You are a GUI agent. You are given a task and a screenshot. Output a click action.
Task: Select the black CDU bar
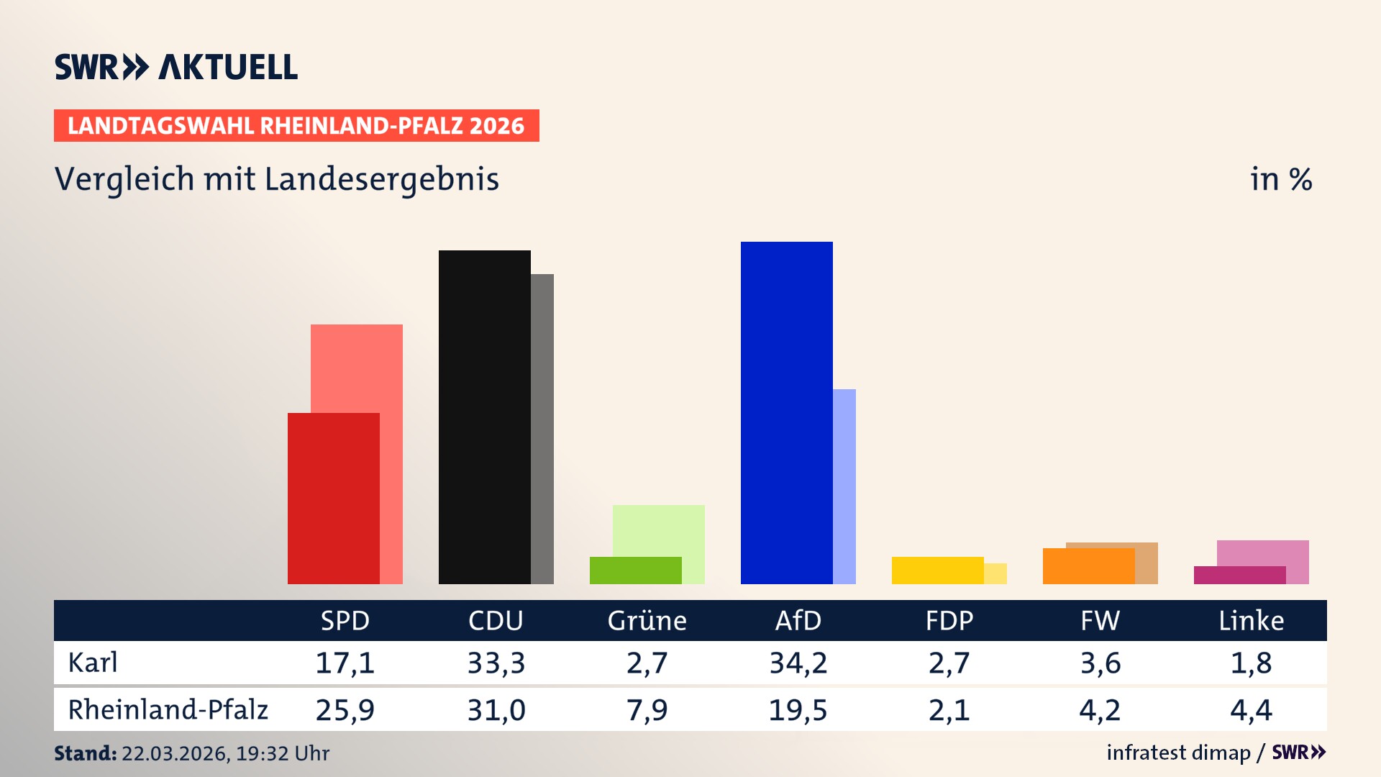pyautogui.click(x=484, y=417)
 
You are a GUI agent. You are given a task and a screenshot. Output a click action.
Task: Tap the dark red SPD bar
pyautogui.click(x=333, y=498)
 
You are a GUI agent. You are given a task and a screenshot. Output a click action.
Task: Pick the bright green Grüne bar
pyautogui.click(x=635, y=570)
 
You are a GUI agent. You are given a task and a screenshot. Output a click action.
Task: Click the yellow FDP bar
pyautogui.click(x=937, y=570)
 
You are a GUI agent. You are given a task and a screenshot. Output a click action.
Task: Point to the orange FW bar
pyautogui.click(x=1088, y=565)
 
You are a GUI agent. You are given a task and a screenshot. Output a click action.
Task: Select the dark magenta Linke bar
pyautogui.click(x=1239, y=575)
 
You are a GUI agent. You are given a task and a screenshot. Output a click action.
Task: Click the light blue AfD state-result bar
pyautogui.click(x=844, y=486)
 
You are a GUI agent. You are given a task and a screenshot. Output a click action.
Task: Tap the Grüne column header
pyautogui.click(x=647, y=620)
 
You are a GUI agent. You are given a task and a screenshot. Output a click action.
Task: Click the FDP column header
pyautogui.click(x=949, y=620)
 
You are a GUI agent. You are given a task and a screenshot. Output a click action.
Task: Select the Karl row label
pyautogui.click(x=93, y=663)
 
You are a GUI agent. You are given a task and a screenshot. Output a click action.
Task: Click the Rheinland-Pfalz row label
pyautogui.click(x=168, y=710)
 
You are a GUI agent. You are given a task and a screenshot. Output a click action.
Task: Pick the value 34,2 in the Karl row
pyautogui.click(x=798, y=663)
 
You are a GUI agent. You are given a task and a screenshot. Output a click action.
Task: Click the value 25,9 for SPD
pyautogui.click(x=345, y=710)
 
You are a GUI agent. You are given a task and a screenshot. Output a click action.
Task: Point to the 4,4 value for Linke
pyautogui.click(x=1251, y=710)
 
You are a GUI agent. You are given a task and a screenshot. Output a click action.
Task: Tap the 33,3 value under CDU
pyautogui.click(x=496, y=663)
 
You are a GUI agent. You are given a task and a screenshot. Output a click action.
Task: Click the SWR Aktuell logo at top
pyautogui.click(x=176, y=67)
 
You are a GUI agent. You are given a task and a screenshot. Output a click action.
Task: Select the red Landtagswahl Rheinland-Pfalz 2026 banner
pyautogui.click(x=296, y=126)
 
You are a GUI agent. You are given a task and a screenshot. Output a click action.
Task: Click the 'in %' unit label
pyautogui.click(x=1280, y=179)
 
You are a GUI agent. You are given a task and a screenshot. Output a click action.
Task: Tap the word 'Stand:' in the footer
pyautogui.click(x=85, y=753)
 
